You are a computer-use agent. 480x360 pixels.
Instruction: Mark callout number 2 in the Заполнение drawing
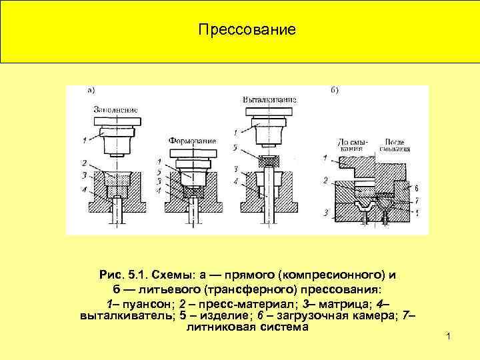point(85,163)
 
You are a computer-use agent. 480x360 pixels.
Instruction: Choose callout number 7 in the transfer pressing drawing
point(417,201)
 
